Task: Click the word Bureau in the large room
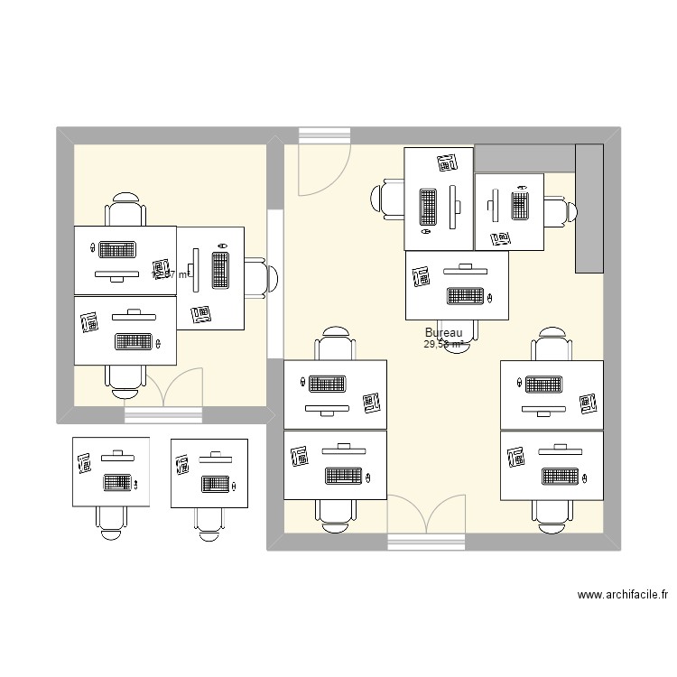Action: pos(443,333)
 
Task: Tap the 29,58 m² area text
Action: pos(443,344)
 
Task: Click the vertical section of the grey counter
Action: pos(589,208)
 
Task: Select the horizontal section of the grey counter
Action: pos(524,158)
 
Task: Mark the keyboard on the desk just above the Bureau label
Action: pos(463,295)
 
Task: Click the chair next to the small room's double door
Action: pos(125,379)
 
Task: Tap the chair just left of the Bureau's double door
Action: pos(335,513)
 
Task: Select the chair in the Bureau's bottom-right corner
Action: pos(552,513)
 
